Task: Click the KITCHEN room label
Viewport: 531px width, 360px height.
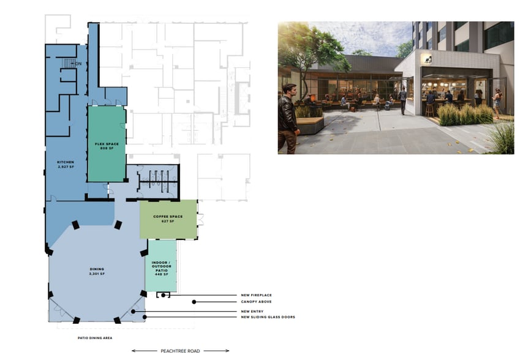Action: tap(66, 162)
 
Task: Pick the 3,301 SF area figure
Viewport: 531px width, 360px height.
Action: tap(97, 274)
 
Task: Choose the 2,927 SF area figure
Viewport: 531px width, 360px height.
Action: tap(66, 167)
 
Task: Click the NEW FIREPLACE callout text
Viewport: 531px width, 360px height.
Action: tap(257, 295)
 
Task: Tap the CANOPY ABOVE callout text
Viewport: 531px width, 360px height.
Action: tap(257, 302)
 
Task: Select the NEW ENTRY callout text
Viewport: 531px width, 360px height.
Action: tap(253, 312)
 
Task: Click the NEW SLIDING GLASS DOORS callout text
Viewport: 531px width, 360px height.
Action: tap(268, 317)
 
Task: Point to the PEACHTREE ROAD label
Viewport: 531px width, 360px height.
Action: tap(180, 351)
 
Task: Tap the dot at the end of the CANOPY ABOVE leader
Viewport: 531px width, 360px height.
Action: tap(194, 302)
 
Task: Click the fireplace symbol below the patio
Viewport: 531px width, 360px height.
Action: tap(164, 296)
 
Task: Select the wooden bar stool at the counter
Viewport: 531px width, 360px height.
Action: tap(430, 110)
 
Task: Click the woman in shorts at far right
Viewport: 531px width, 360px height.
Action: tap(497, 103)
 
